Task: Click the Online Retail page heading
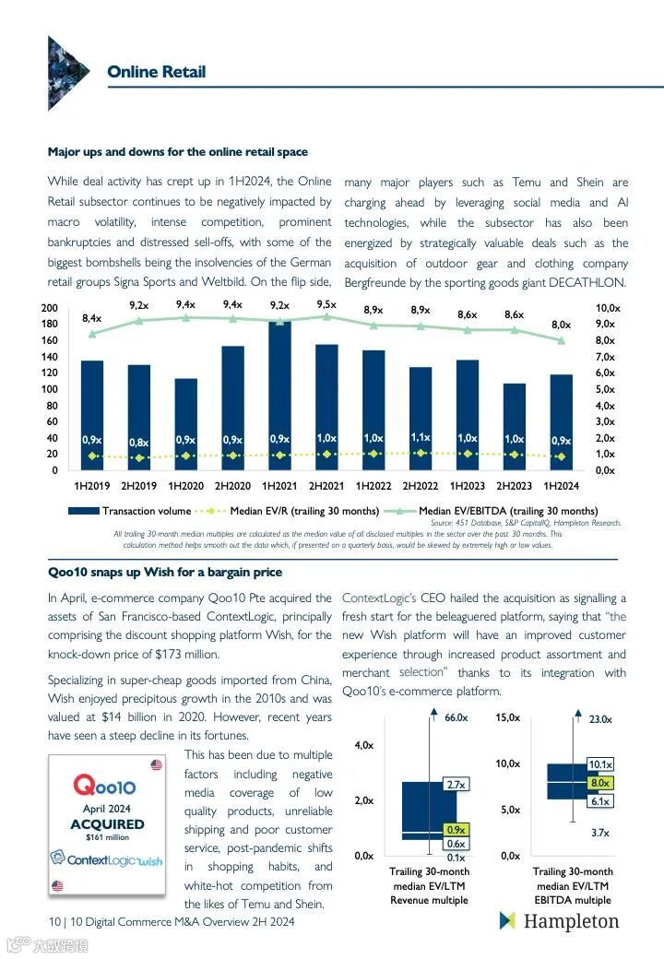click(x=156, y=72)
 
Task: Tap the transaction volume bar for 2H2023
click(x=514, y=424)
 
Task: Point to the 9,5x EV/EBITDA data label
click(x=326, y=304)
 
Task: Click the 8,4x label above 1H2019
click(x=92, y=318)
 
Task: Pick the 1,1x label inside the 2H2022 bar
click(x=420, y=438)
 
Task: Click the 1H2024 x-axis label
click(x=561, y=485)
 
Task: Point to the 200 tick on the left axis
click(x=50, y=308)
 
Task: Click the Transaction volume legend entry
click(x=146, y=511)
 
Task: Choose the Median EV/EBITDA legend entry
click(x=507, y=511)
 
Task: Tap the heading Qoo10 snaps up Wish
click(x=165, y=573)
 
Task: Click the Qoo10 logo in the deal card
click(x=104, y=787)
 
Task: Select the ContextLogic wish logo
click(x=107, y=859)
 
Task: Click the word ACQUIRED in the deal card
click(x=107, y=824)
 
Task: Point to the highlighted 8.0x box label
click(x=600, y=783)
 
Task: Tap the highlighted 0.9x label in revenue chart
click(x=456, y=829)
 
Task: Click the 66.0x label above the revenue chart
click(x=456, y=717)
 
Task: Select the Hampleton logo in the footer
click(x=560, y=920)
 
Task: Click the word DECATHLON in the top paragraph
click(x=588, y=283)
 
